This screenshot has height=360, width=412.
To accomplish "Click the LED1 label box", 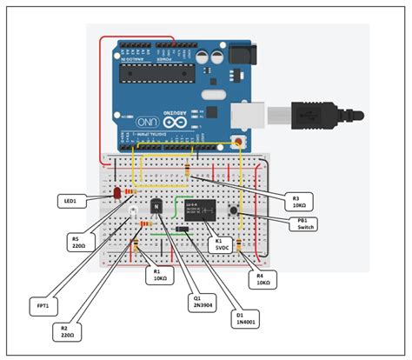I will click(x=70, y=201).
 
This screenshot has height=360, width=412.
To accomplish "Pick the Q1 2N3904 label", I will click(x=199, y=302).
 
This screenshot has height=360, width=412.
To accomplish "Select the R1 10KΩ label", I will click(x=160, y=275).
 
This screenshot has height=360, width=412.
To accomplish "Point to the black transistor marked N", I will click(x=156, y=207).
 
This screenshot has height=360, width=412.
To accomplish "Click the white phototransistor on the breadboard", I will click(x=131, y=210).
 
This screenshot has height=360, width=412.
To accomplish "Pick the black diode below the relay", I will click(x=183, y=230).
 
